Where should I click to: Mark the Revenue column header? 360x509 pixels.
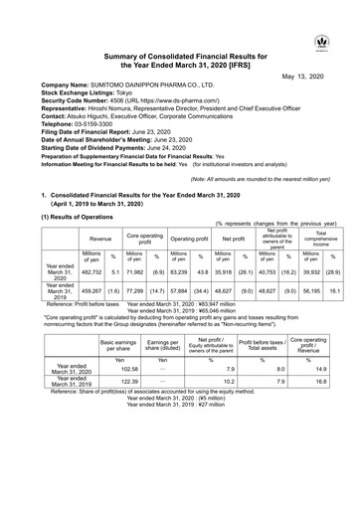(x=100, y=239)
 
